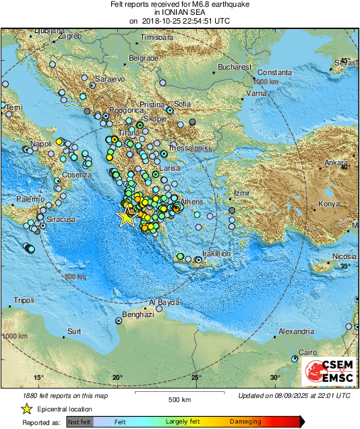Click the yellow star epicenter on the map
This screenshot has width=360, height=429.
pyautogui.click(x=126, y=217)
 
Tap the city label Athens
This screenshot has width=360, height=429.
pyautogui.click(x=192, y=202)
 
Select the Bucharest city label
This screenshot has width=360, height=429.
pyautogui.click(x=235, y=68)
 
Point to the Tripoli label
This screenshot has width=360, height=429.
pyautogui.click(x=24, y=300)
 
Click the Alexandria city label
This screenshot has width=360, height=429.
pyautogui.click(x=296, y=331)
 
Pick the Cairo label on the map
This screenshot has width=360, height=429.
pyautogui.click(x=307, y=353)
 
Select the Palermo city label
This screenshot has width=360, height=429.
pyautogui.click(x=30, y=200)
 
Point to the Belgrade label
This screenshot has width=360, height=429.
pyautogui.click(x=143, y=59)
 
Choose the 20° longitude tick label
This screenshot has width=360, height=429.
pyautogui.click(x=117, y=376)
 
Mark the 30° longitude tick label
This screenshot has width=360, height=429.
pyautogui.click(x=275, y=376)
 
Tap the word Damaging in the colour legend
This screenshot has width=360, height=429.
pyautogui.click(x=245, y=422)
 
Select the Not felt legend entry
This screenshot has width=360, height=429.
pyautogui.click(x=79, y=422)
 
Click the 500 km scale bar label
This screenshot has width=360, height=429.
pyautogui.click(x=179, y=400)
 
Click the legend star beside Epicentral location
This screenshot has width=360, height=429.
pyautogui.click(x=26, y=408)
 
